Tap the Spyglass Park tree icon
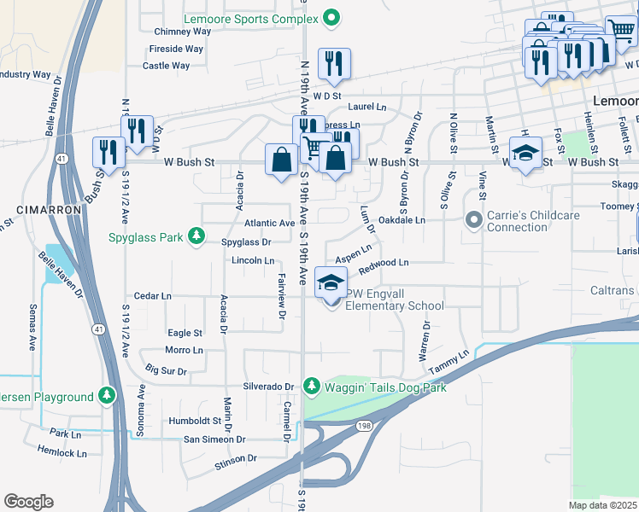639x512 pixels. point(197,236)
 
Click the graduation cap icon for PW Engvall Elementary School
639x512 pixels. point(331,282)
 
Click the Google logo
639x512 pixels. point(28,502)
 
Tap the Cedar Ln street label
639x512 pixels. point(153,296)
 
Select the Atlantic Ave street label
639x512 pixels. point(269,223)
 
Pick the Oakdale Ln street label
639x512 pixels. point(402,220)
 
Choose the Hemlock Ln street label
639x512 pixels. point(62,453)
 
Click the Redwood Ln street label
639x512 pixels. point(384,263)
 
